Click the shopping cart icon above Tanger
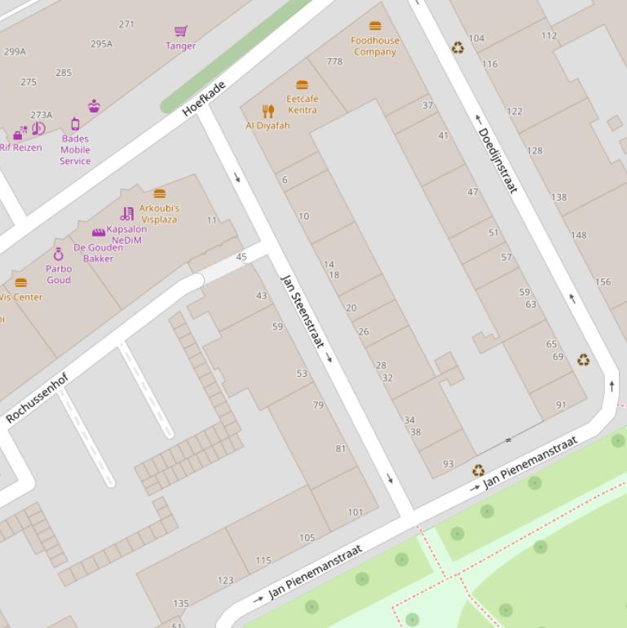click(181, 31)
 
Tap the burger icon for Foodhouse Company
click(375, 26)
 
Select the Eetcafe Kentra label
click(302, 104)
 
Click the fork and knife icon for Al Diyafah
click(268, 111)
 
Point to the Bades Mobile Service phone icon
click(75, 124)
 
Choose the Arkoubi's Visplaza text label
click(159, 214)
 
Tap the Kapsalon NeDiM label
click(126, 235)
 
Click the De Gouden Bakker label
click(98, 253)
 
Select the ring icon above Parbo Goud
click(59, 254)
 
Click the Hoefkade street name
click(204, 98)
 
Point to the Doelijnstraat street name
click(497, 160)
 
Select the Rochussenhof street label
click(38, 398)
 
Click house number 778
click(334, 61)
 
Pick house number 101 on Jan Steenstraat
click(355, 512)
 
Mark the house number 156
click(603, 282)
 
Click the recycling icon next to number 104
click(458, 48)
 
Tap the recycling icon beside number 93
click(479, 470)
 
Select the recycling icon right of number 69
click(584, 360)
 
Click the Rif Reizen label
click(20, 148)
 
